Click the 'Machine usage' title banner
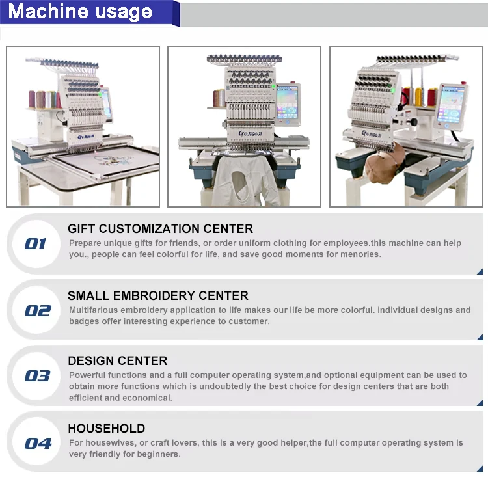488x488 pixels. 80,12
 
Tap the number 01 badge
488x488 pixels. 35,244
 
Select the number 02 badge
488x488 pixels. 37,310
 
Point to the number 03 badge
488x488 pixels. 37,376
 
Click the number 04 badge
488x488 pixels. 38,444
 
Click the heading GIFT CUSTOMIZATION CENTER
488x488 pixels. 160,229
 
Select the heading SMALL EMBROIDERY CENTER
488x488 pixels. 157,296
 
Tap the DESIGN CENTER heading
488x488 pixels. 117,361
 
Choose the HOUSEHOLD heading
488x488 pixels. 106,429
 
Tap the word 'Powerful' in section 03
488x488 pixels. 88,375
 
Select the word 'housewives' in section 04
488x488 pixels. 107,443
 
